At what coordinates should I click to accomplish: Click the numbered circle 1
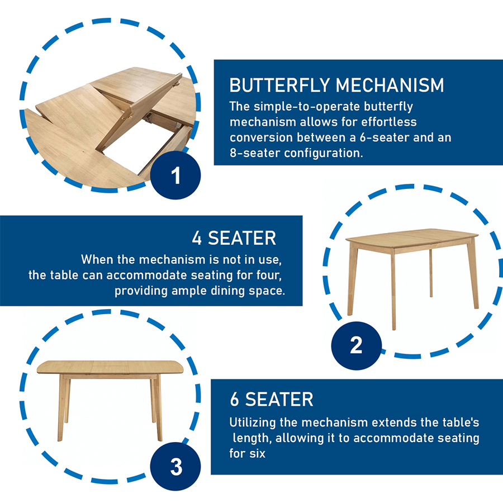point(176,175)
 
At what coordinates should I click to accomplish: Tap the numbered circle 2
point(356,344)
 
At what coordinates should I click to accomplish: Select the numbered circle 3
point(176,467)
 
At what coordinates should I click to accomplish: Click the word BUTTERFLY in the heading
point(279,86)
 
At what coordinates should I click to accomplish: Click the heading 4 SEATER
point(234,238)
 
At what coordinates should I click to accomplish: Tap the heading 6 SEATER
point(271,399)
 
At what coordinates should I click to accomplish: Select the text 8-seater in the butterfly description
point(250,153)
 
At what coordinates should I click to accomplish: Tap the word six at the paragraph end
point(255,453)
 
